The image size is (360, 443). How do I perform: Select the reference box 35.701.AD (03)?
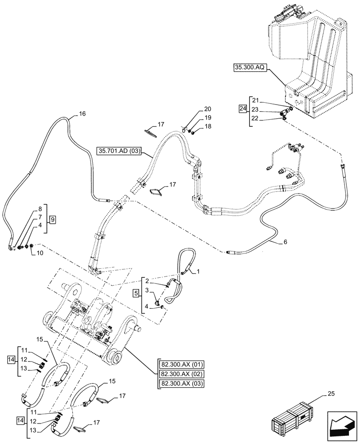click(x=118, y=152)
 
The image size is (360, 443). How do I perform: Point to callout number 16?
click(x=82, y=114)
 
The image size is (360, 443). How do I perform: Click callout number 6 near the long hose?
click(x=285, y=242)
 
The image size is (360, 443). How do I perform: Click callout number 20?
click(x=207, y=109)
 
